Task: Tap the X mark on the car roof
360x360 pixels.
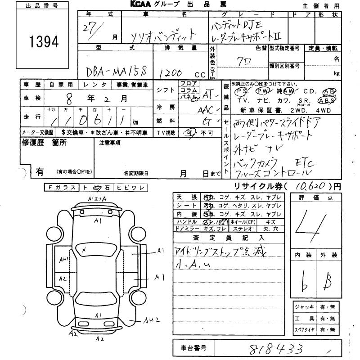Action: [84, 248]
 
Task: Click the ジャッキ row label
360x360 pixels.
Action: [304, 307]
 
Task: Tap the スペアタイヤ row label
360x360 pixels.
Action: [305, 329]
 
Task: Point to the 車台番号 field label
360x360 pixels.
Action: [193, 348]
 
